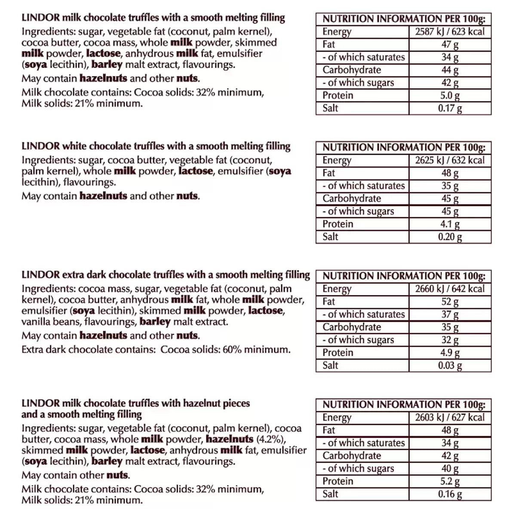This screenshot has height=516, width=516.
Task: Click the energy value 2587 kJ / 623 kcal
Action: point(450,31)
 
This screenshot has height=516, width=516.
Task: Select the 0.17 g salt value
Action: point(450,108)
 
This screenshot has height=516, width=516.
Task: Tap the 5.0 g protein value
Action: point(450,95)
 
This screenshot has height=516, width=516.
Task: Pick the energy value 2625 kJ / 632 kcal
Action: point(450,160)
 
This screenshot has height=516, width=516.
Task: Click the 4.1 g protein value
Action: point(450,224)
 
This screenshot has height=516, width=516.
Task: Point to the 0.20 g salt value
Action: point(450,236)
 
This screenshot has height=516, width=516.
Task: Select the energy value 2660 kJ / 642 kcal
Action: point(450,289)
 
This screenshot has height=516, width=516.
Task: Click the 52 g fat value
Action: point(450,301)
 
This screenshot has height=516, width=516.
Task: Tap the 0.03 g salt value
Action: point(450,365)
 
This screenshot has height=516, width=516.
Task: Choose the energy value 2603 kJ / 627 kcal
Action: point(450,417)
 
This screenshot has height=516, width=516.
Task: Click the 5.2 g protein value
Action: point(450,481)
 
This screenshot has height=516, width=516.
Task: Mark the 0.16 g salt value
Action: point(450,494)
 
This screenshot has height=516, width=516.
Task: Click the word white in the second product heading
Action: point(74,146)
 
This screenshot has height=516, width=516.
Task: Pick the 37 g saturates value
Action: point(450,314)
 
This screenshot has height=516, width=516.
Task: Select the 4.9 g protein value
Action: point(450,353)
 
